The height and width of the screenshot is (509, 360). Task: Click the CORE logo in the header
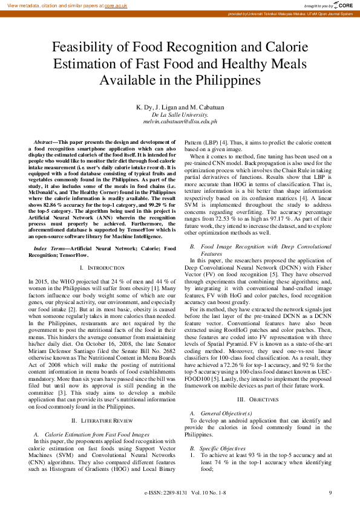tap(343, 5)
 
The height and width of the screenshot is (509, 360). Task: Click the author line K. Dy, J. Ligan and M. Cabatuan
tap(180, 107)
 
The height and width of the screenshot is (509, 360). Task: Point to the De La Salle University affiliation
tap(180, 114)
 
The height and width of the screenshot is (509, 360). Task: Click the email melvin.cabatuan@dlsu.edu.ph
tap(180, 121)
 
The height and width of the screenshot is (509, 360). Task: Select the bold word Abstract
tap(45, 141)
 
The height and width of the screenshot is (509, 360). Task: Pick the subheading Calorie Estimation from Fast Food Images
tap(97, 417)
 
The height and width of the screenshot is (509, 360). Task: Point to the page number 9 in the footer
tap(330, 493)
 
